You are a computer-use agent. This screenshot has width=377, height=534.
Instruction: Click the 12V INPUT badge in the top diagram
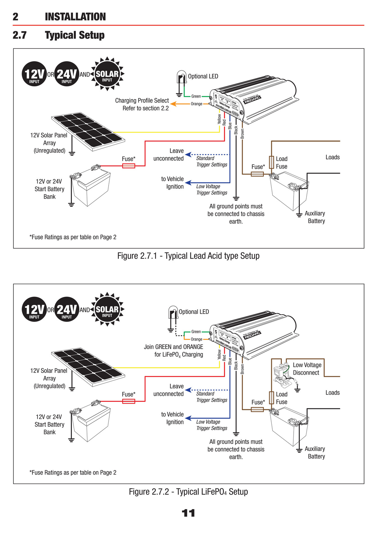[x=34, y=74]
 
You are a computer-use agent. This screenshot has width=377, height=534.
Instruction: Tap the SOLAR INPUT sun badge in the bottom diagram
[x=107, y=309]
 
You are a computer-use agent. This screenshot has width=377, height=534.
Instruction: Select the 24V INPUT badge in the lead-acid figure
[x=67, y=74]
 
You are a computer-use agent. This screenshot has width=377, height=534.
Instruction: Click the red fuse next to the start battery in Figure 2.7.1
[x=129, y=166]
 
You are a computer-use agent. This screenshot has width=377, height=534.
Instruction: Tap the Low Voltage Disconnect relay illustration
[x=283, y=373]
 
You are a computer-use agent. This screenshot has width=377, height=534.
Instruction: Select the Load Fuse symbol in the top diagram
[x=271, y=162]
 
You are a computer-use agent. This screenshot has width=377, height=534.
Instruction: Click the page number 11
[x=188, y=513]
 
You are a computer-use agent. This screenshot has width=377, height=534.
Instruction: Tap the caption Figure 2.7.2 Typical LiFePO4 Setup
[x=188, y=492]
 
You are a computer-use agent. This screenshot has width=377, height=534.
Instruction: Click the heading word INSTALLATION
[x=75, y=17]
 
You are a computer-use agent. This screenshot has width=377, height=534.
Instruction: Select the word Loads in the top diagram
[x=332, y=157]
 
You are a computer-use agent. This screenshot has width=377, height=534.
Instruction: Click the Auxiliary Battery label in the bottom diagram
[x=315, y=452]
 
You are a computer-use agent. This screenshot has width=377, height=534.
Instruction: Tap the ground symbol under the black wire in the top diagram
[x=236, y=198]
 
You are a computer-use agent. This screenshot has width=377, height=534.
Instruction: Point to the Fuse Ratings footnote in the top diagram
[x=73, y=237]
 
